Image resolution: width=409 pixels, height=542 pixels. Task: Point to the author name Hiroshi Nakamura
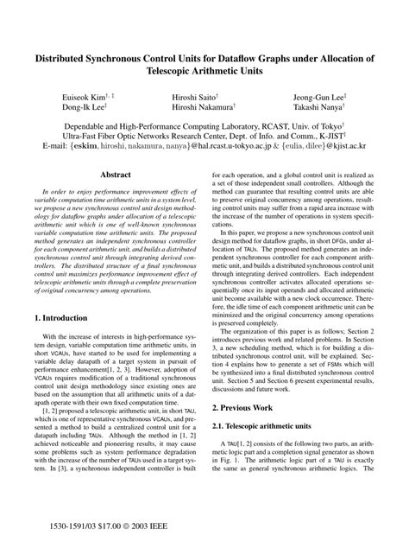201,107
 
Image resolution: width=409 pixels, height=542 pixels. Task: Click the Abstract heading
116,175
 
